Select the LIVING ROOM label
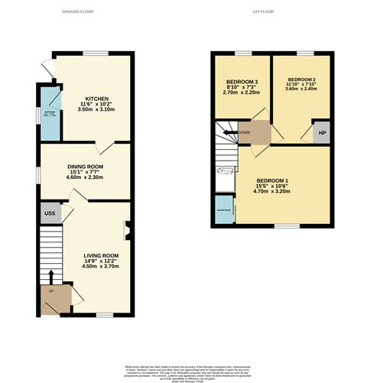coord(100,255)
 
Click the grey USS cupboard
coord(50,213)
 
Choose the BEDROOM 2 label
coord(301,79)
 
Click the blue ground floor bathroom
coord(50,115)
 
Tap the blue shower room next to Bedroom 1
coord(225,212)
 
